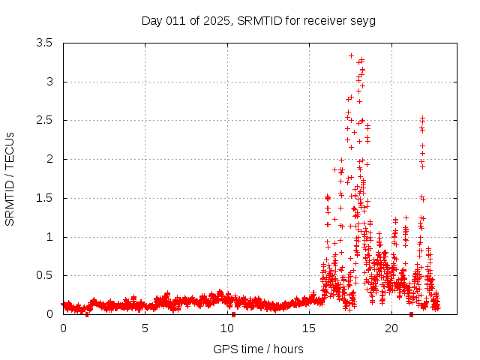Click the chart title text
258,20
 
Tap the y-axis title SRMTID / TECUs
10,179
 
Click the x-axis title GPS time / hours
258,349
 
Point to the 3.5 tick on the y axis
45,43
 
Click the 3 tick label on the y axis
49,82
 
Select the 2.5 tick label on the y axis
45,120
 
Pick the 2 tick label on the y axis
49,159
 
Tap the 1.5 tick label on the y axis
45,198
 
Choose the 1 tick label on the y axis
49,237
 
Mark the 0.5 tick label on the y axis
45,275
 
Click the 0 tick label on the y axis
49,314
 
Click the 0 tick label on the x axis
63,328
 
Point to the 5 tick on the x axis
145,328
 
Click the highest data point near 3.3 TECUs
351,55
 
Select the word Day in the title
151,20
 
